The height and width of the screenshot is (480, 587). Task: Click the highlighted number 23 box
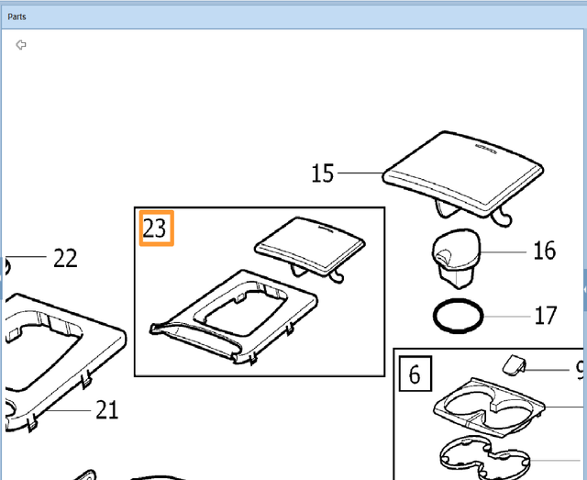tap(156, 229)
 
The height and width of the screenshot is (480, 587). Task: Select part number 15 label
tap(323, 173)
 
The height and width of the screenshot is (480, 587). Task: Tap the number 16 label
tap(544, 250)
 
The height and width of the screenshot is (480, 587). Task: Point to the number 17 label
tap(545, 316)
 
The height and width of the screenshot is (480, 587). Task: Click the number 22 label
tap(65, 258)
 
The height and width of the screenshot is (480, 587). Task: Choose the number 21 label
tap(107, 409)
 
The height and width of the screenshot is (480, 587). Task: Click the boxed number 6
tap(415, 374)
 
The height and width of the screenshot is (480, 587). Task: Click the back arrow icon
tap(21, 44)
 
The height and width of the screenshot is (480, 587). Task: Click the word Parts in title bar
tap(17, 17)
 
